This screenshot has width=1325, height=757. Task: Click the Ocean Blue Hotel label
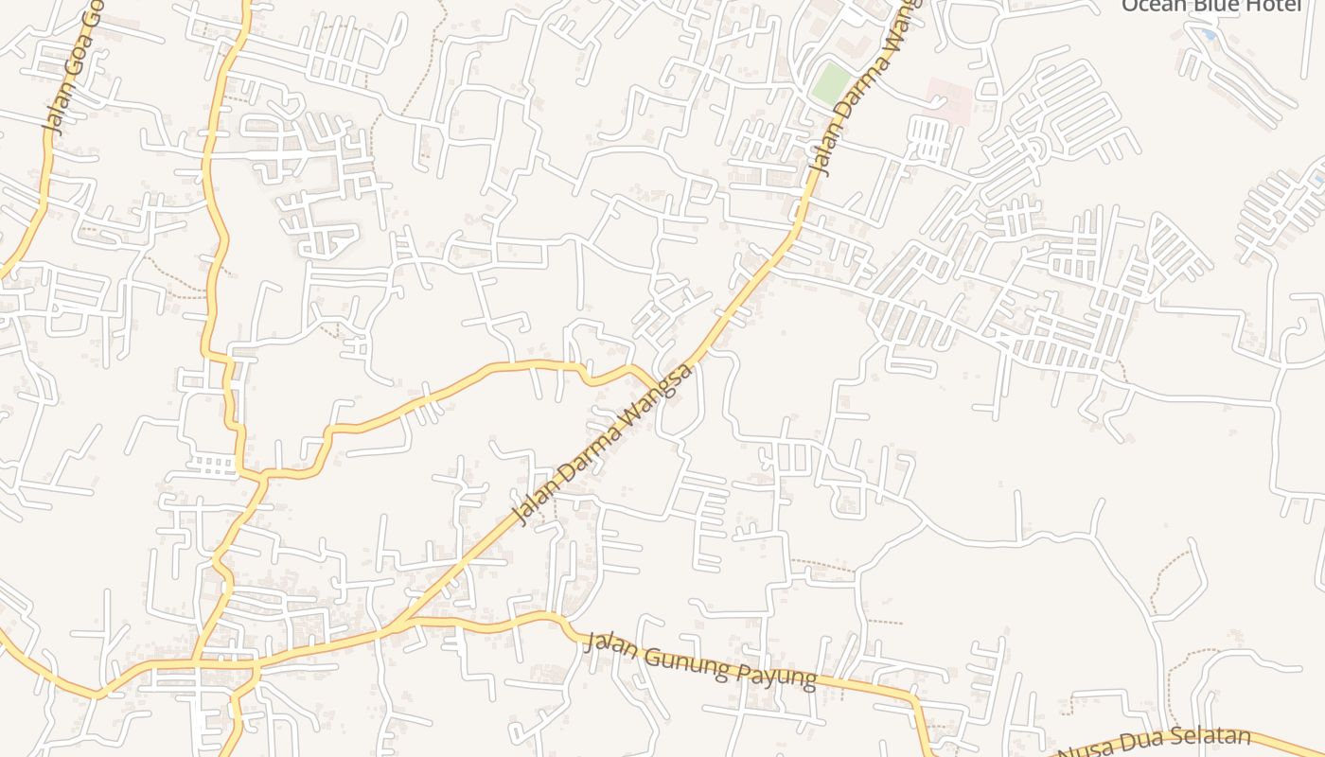[x=1198, y=6]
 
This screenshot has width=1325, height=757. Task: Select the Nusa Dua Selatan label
[x=1155, y=746]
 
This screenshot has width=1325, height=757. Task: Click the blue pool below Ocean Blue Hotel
[x=1207, y=35]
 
